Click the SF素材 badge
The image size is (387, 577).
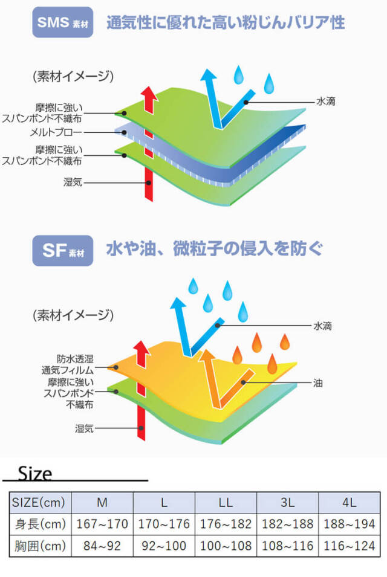tap(62, 250)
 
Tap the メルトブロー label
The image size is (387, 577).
tap(59, 132)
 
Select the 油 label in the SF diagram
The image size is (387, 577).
tap(317, 382)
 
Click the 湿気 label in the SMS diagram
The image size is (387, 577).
tap(73, 181)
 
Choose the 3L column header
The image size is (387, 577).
tap(288, 501)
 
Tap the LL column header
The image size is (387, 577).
tap(226, 501)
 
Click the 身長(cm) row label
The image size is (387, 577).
tap(41, 523)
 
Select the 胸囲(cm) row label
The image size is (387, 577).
tap(41, 546)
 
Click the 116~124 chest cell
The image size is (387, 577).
tap(350, 546)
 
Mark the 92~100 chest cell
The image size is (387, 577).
tap(164, 546)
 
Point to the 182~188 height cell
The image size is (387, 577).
tap(288, 523)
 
